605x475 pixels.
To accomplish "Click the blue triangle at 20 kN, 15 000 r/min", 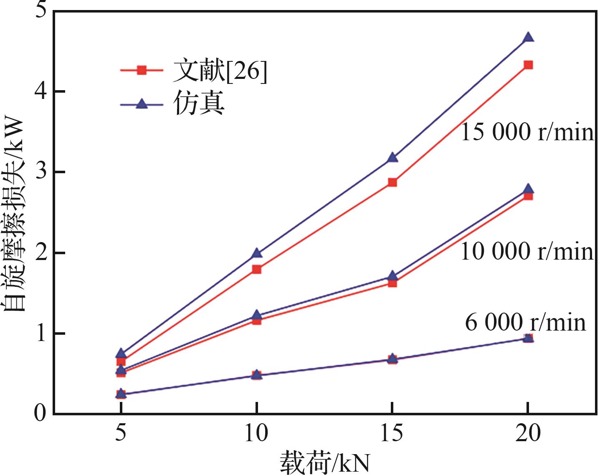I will (x=528, y=38).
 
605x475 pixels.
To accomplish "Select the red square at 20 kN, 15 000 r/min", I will (x=528, y=65).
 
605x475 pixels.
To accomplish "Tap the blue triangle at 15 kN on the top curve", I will (x=392, y=158).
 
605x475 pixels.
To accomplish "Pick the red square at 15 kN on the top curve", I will (x=392, y=182).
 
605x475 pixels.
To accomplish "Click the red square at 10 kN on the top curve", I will (x=257, y=269).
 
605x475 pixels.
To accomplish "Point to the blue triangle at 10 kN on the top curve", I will (x=257, y=253).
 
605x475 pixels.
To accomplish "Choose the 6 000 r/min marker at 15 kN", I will (x=392, y=359).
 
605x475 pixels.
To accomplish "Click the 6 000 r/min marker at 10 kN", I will (x=257, y=375).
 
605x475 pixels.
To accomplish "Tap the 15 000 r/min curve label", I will (x=527, y=133).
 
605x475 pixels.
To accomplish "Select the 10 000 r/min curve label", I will (x=527, y=252).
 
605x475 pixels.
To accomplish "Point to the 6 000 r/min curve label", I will (x=525, y=323).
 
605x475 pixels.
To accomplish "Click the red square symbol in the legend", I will (x=142, y=70).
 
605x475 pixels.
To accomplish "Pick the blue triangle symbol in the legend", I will (x=142, y=104).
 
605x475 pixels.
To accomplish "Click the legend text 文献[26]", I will (x=220, y=71).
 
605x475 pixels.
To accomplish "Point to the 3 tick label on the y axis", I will (x=41, y=172).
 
